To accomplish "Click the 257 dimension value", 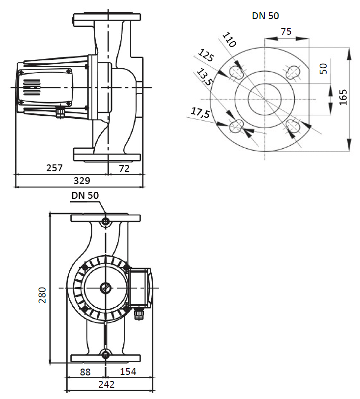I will [x=55, y=168].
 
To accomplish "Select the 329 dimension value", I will [x=82, y=181].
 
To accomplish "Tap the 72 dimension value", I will [x=125, y=168].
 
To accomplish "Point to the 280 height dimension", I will [x=43, y=294].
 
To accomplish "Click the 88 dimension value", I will [x=85, y=372].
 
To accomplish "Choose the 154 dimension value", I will [x=128, y=372].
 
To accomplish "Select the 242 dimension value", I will [x=106, y=385].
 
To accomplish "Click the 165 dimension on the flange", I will [x=343, y=98].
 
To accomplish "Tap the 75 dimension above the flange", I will [x=286, y=31].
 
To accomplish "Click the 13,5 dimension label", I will [x=203, y=77].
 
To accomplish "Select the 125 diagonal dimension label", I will [x=206, y=55].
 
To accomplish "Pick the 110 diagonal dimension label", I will [x=229, y=39].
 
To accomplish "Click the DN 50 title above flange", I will [x=265, y=16].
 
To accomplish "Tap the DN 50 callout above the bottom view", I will [x=85, y=195].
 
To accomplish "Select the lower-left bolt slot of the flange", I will [x=236, y=127].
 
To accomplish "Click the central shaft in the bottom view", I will [x=106, y=288].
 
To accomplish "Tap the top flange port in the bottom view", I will [x=106, y=222].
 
